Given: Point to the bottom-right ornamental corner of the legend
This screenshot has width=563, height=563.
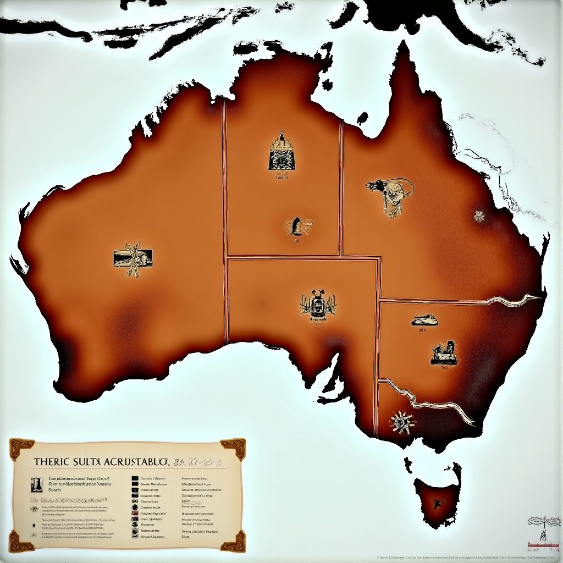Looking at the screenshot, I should [x=233, y=540].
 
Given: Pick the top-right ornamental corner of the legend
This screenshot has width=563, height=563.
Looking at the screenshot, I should [x=233, y=448].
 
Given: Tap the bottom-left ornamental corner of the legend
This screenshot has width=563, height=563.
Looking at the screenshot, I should [x=21, y=540].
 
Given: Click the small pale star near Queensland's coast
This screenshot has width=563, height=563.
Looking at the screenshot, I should [x=480, y=216].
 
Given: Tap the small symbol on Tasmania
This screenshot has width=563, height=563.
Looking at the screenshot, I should [x=438, y=502].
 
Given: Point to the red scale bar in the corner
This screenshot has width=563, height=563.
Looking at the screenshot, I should [x=543, y=545].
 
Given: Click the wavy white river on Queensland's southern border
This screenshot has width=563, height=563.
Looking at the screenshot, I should [x=511, y=300].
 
